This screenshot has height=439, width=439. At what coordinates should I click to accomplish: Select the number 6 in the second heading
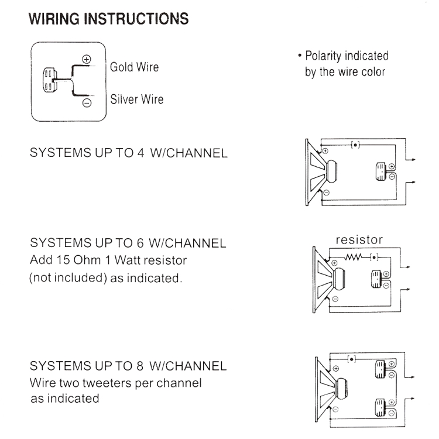tap(138, 242)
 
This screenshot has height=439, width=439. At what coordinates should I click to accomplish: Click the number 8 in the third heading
tap(138, 366)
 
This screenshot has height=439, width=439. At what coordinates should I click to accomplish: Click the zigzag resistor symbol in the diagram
tap(356, 256)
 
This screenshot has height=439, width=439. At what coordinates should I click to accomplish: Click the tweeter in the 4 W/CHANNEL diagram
tap(380, 169)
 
